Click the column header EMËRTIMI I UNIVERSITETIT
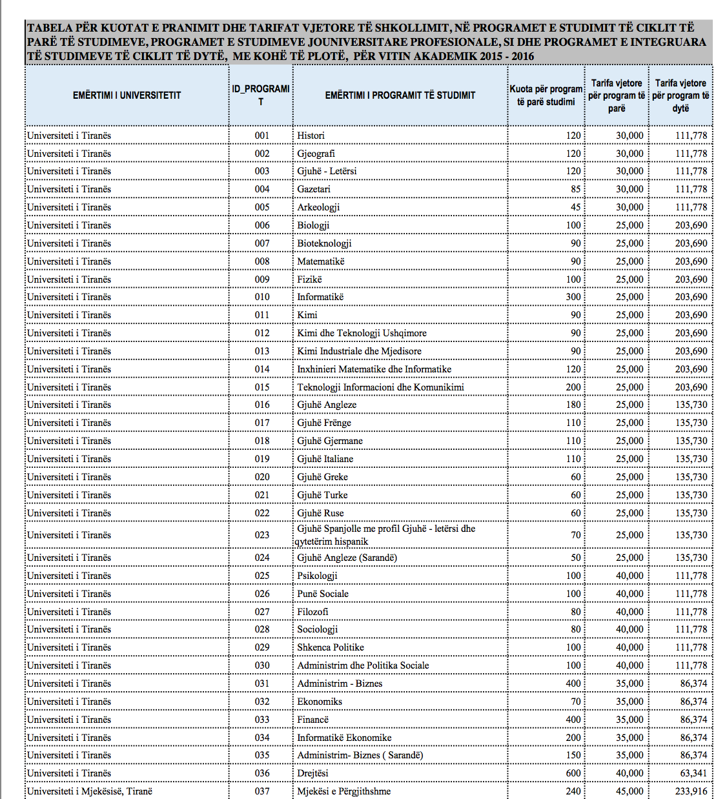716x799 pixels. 127,96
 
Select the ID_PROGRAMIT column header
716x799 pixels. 261,95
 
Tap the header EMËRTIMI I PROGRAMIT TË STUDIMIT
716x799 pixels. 400,96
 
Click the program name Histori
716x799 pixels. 311,136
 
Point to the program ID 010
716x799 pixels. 261,297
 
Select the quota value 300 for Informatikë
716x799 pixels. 573,297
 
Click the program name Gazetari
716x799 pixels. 314,189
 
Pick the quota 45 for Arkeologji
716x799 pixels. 575,207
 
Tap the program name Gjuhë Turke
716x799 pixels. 322,495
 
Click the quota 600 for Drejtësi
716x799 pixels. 573,773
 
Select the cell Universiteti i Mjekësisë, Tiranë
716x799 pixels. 90,791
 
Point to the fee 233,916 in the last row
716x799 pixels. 691,791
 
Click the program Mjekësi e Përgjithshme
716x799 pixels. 343,791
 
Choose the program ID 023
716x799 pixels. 261,535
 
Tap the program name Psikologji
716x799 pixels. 317,576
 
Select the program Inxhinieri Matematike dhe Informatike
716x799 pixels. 374,369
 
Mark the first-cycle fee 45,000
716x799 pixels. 629,791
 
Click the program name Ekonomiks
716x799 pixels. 320,702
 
